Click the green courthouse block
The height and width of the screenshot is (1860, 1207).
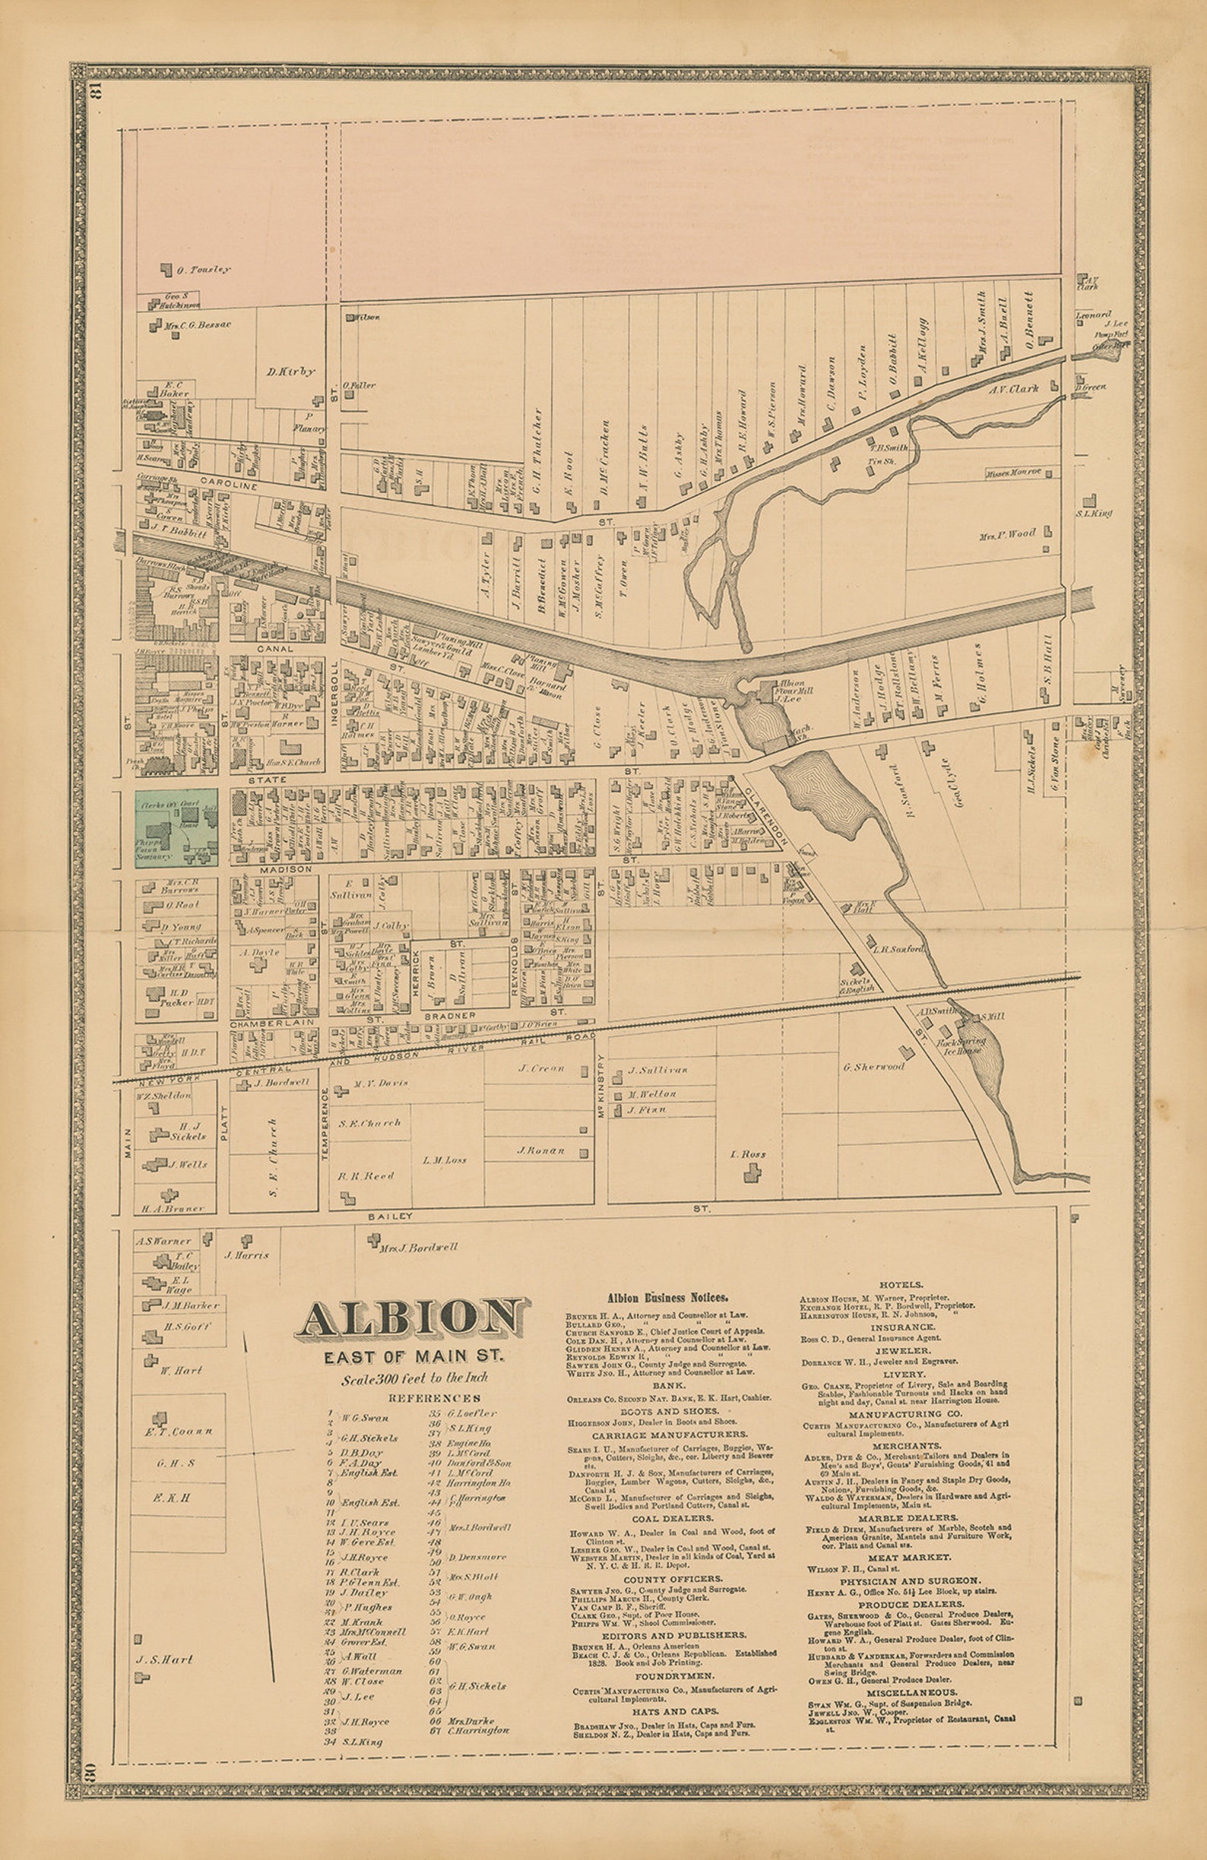pyautogui.click(x=176, y=828)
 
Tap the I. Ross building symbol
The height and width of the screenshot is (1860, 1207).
pyautogui.click(x=752, y=1172)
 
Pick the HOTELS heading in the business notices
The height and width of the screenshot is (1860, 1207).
pyautogui.click(x=901, y=1284)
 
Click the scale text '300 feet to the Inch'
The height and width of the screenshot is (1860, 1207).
pyautogui.click(x=413, y=1378)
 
